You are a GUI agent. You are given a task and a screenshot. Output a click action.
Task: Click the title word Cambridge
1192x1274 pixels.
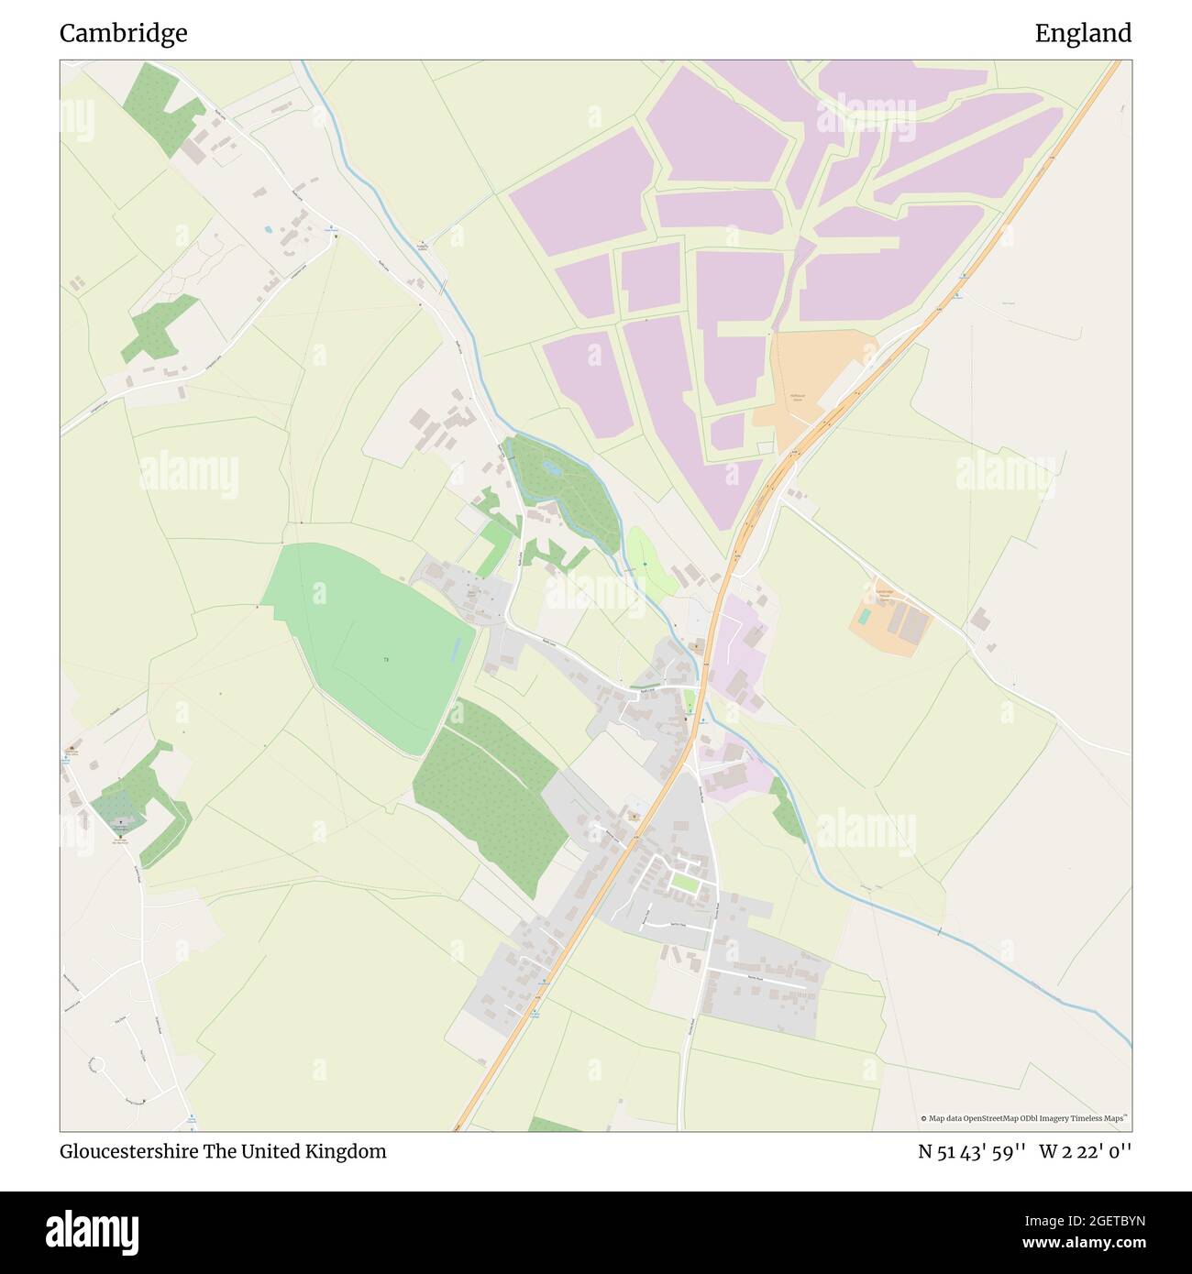(123, 34)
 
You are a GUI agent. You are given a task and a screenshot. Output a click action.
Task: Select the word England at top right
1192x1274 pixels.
(1083, 34)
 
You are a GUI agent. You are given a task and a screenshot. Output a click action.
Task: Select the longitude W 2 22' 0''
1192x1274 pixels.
(1086, 1151)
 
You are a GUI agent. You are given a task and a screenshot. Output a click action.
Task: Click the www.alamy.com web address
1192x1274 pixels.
(1076, 1243)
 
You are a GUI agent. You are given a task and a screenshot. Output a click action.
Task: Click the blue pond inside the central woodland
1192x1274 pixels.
(552, 467)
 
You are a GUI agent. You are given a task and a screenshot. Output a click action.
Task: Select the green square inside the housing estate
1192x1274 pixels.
(683, 882)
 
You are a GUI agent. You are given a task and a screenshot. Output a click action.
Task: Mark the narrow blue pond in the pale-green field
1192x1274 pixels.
(456, 650)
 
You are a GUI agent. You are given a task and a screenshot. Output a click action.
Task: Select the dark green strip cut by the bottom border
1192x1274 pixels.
(555, 1125)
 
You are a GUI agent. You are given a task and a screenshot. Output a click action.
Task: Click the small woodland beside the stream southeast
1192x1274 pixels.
(787, 809)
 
